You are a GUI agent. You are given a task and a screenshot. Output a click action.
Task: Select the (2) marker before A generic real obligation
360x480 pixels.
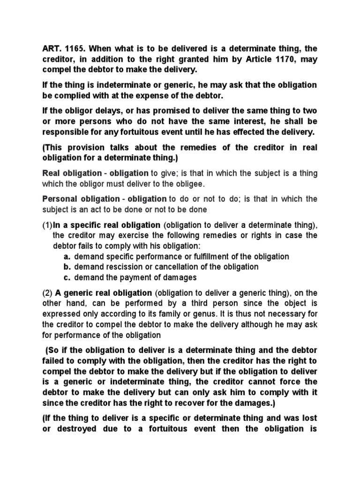(x=47, y=293)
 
